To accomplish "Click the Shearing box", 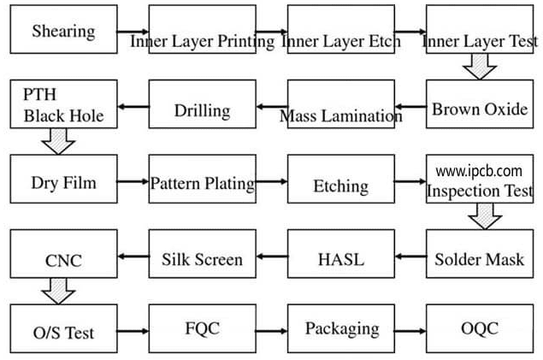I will [x=62, y=32].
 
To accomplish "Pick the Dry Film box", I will [x=62, y=181].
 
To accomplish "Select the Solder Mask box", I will [x=479, y=257].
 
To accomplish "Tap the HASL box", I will [x=340, y=257].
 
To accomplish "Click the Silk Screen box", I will [x=201, y=257].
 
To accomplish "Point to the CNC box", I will [x=62, y=257].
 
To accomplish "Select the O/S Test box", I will [x=62, y=330].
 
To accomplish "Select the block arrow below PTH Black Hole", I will [x=59, y=142].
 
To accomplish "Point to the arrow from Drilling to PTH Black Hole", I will [x=133, y=108].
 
